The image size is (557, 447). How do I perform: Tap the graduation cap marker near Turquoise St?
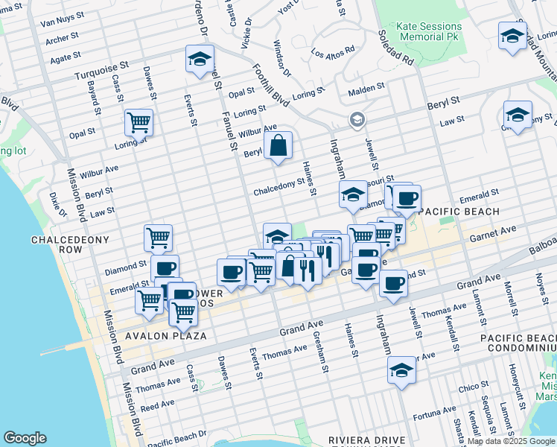click(x=200, y=60)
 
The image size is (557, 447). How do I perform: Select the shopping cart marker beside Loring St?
click(x=139, y=122)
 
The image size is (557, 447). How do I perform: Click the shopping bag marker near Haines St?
click(x=278, y=146)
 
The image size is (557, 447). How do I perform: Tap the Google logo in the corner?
click(x=25, y=438)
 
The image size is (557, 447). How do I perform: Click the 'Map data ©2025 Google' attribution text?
click(x=511, y=441)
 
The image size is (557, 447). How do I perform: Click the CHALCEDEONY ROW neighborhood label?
click(x=70, y=245)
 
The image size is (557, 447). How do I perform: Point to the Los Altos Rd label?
click(x=333, y=54)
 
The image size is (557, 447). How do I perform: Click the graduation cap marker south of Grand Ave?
click(x=401, y=370)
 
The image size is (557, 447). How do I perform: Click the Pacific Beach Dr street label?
click(x=177, y=438)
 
